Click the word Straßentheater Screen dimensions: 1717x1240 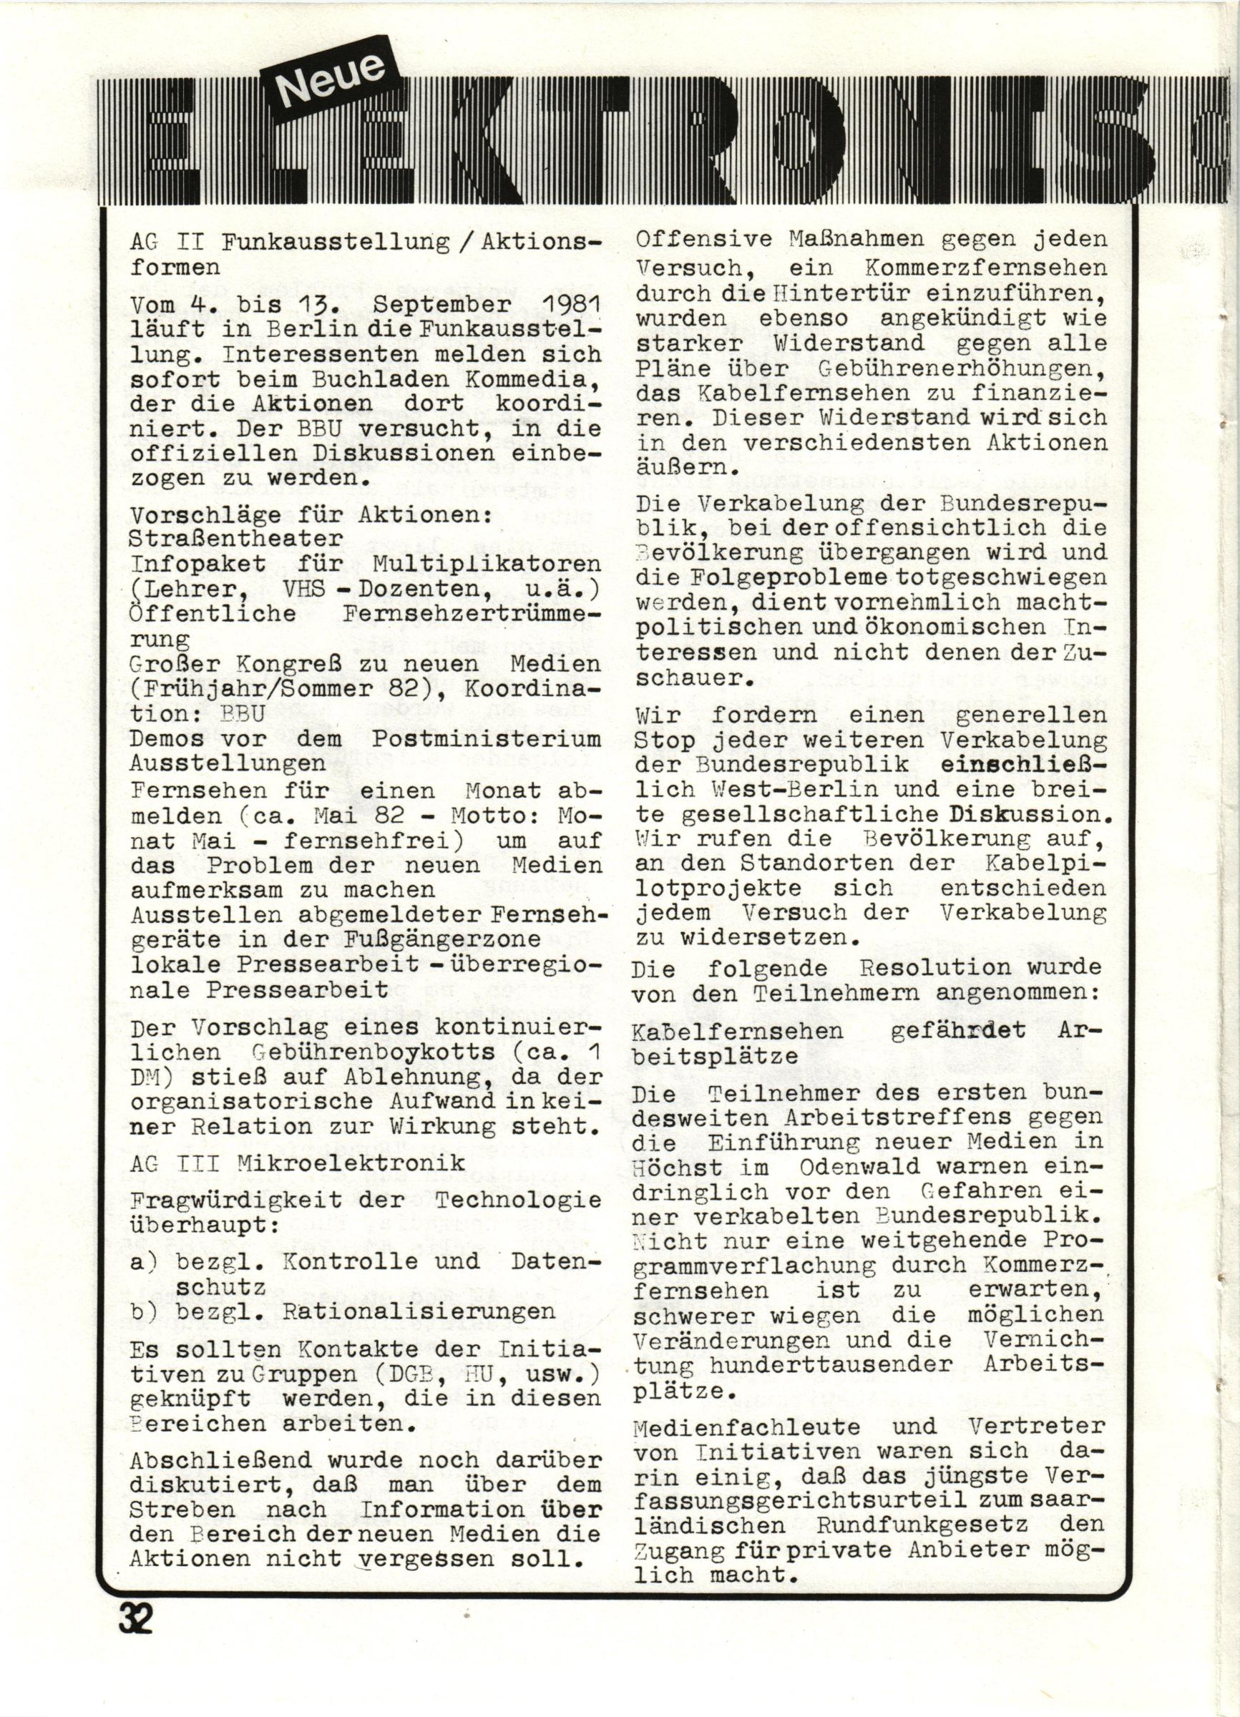[x=236, y=539]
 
